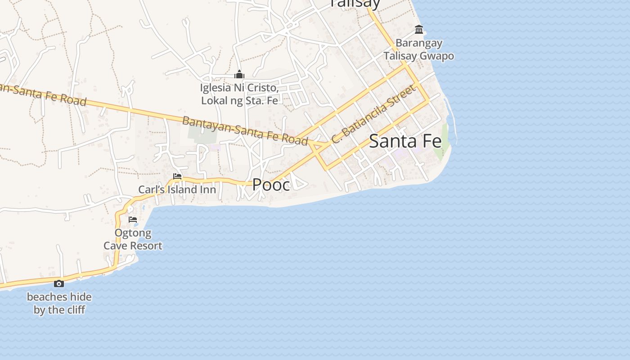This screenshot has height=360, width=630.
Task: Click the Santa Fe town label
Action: pos(405,141)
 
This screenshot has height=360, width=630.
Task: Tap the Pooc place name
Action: pos(271,184)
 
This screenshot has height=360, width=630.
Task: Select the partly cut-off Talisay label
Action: pos(355,4)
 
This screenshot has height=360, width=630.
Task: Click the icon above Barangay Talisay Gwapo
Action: pos(419,30)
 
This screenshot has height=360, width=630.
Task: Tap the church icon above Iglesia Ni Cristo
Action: pos(239,74)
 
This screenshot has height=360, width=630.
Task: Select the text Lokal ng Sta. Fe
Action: pos(239,100)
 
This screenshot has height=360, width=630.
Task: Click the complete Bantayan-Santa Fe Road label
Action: pos(245,130)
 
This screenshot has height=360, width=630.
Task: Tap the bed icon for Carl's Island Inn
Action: pos(177,176)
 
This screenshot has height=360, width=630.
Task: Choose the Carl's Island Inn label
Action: pos(177,189)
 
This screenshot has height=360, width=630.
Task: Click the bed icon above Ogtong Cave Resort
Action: pos(133,220)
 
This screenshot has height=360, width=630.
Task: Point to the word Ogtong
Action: pos(133,234)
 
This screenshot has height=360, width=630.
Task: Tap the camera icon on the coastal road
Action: pos(59,283)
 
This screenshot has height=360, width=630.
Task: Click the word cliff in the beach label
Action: pos(74,310)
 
